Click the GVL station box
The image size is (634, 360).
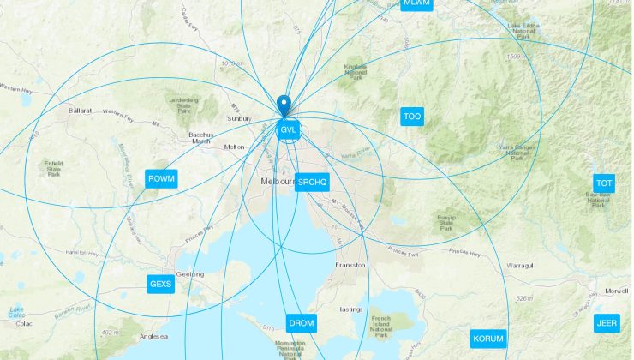tap(289, 130)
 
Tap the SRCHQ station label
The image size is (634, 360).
tap(313, 183)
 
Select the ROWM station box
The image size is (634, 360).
tap(161, 179)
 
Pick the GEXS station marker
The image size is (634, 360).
tap(160, 284)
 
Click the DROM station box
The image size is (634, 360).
tap(301, 323)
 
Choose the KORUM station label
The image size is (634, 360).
tap(488, 339)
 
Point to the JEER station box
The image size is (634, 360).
tap(606, 323)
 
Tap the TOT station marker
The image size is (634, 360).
tap(605, 183)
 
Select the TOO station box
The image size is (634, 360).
tap(412, 117)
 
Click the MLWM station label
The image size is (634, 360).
tap(416, 3)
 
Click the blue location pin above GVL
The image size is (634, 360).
tap(286, 107)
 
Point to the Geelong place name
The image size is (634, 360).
tap(190, 274)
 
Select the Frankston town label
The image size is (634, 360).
tap(350, 265)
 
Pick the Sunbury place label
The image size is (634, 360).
tap(239, 118)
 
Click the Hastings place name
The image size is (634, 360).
tap(350, 309)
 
